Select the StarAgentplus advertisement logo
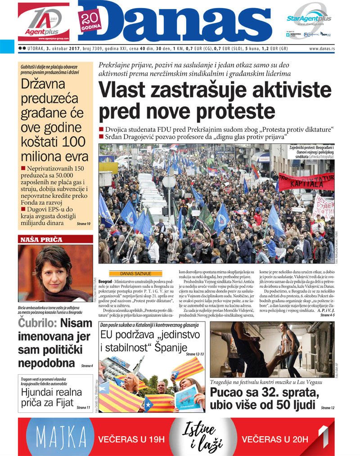309,18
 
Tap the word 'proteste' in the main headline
236,111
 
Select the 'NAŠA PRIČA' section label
41,240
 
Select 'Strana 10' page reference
83,224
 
